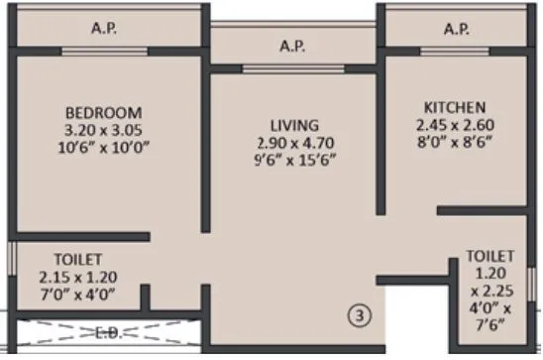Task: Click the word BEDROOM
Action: point(104,111)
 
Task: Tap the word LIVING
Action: point(294,125)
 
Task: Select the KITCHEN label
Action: point(454,107)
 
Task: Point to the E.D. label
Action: point(111,332)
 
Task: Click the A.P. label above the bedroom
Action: point(105,29)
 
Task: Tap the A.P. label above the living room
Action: point(291,46)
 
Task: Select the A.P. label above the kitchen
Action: point(456,29)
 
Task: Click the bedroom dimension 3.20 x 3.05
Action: point(104,129)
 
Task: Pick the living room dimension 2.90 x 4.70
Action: point(294,143)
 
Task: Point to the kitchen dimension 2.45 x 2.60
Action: point(454,125)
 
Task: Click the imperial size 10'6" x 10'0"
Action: point(104,147)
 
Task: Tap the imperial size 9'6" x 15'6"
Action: point(294,161)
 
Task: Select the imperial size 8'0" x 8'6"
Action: point(454,143)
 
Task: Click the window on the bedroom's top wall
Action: point(105,51)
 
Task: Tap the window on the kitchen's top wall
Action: point(455,51)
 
